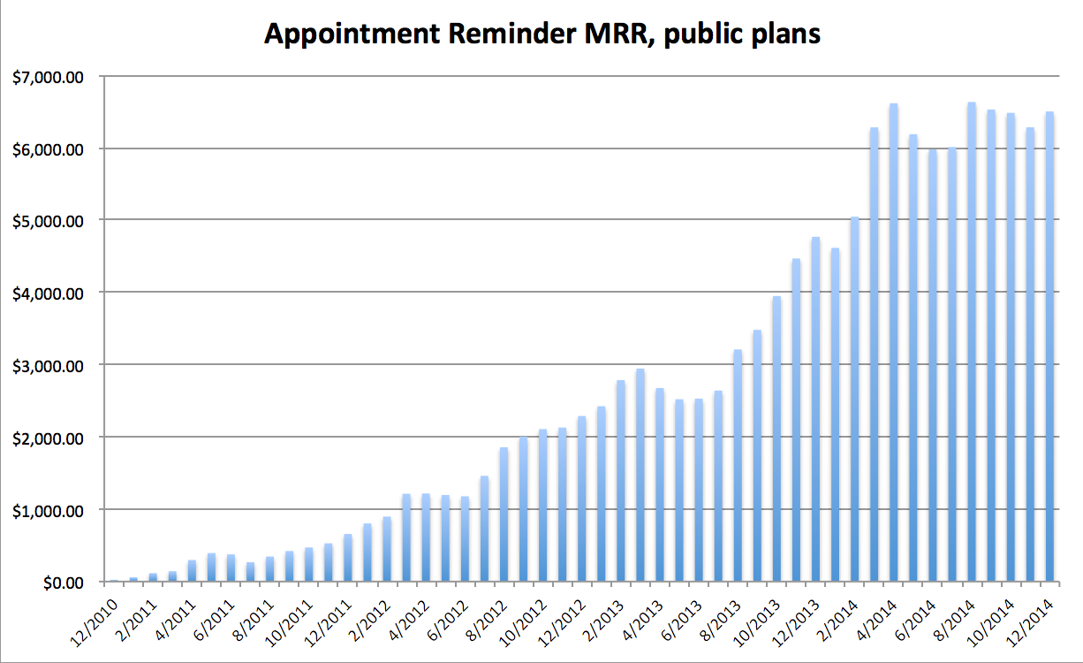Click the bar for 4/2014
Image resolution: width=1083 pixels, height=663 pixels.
click(875, 354)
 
